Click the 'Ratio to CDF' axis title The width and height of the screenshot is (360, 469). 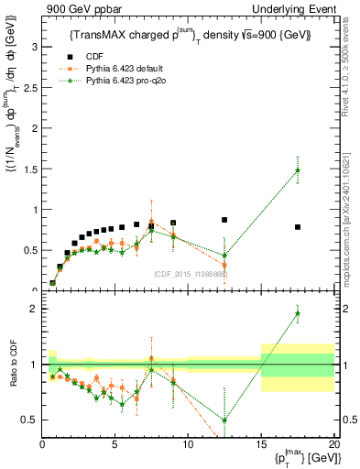(x=13, y=376)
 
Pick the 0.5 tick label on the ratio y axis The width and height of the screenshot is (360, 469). (x=30, y=420)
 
